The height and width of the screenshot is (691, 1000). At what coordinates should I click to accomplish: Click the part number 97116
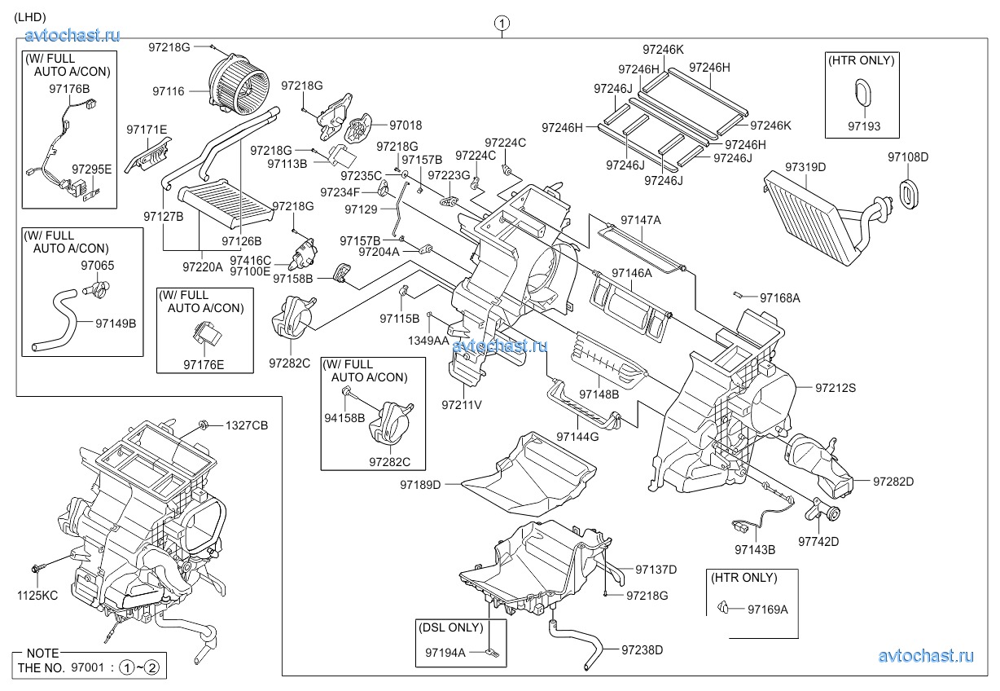click(168, 91)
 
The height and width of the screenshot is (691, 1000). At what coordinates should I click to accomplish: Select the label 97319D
click(805, 166)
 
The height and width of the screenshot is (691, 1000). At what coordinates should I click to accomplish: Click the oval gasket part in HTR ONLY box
click(864, 91)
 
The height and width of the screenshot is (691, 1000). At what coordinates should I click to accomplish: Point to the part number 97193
click(863, 127)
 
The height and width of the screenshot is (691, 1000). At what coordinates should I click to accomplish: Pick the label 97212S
click(836, 389)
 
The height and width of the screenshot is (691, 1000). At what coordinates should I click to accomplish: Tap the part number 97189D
click(419, 485)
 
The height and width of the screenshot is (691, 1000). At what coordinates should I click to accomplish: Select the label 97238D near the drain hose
click(642, 649)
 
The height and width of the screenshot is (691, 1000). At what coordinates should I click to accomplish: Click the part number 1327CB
click(247, 425)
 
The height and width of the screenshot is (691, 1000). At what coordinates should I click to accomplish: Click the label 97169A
click(768, 608)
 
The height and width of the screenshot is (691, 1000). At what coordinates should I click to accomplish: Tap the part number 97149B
click(116, 323)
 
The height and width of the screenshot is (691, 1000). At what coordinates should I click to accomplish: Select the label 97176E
click(204, 364)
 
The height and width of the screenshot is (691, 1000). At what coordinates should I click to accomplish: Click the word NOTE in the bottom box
click(42, 654)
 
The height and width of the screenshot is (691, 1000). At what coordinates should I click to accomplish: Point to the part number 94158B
click(345, 417)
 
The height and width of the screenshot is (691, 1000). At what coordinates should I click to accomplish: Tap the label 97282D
click(893, 482)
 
